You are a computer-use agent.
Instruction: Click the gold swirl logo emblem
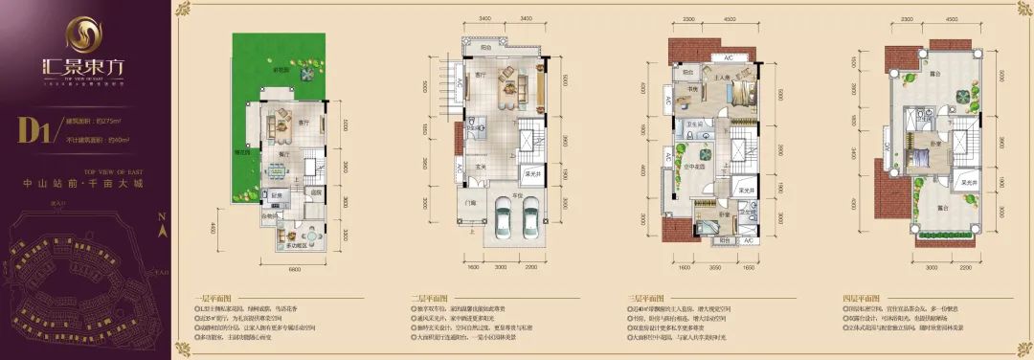pyautogui.click(x=83, y=37)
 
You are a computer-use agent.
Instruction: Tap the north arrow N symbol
pyautogui.click(x=162, y=227)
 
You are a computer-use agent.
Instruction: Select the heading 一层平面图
pyautogui.click(x=208, y=298)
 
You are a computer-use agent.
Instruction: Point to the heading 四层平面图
pyautogui.click(x=865, y=298)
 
